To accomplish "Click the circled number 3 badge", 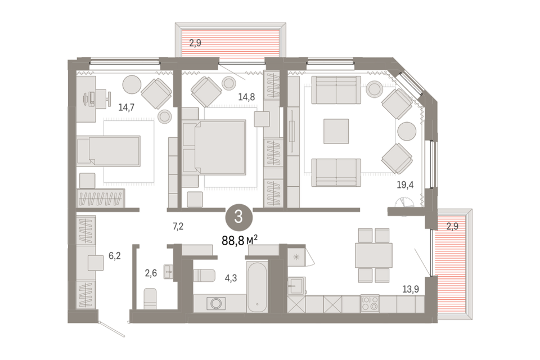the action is [238, 217].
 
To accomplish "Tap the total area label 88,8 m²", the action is [240, 240].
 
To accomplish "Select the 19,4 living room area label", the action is [405, 185].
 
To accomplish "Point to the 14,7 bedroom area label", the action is [127, 107].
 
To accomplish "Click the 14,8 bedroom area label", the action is [246, 97].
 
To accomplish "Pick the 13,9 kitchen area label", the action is [411, 289].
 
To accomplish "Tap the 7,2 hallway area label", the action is [178, 226].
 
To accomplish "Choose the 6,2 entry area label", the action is [115, 256].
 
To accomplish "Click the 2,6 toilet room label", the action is [151, 273].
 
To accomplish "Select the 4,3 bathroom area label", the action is [231, 278].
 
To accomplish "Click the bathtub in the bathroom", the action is [257, 287].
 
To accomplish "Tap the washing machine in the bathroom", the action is [216, 304].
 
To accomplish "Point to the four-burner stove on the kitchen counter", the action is [370, 303].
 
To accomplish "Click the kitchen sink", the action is [296, 286].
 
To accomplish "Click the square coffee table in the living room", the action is [336, 131].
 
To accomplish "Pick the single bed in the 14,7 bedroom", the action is [109, 151].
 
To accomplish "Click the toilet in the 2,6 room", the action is [150, 299].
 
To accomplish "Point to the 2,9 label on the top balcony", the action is [195, 43].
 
